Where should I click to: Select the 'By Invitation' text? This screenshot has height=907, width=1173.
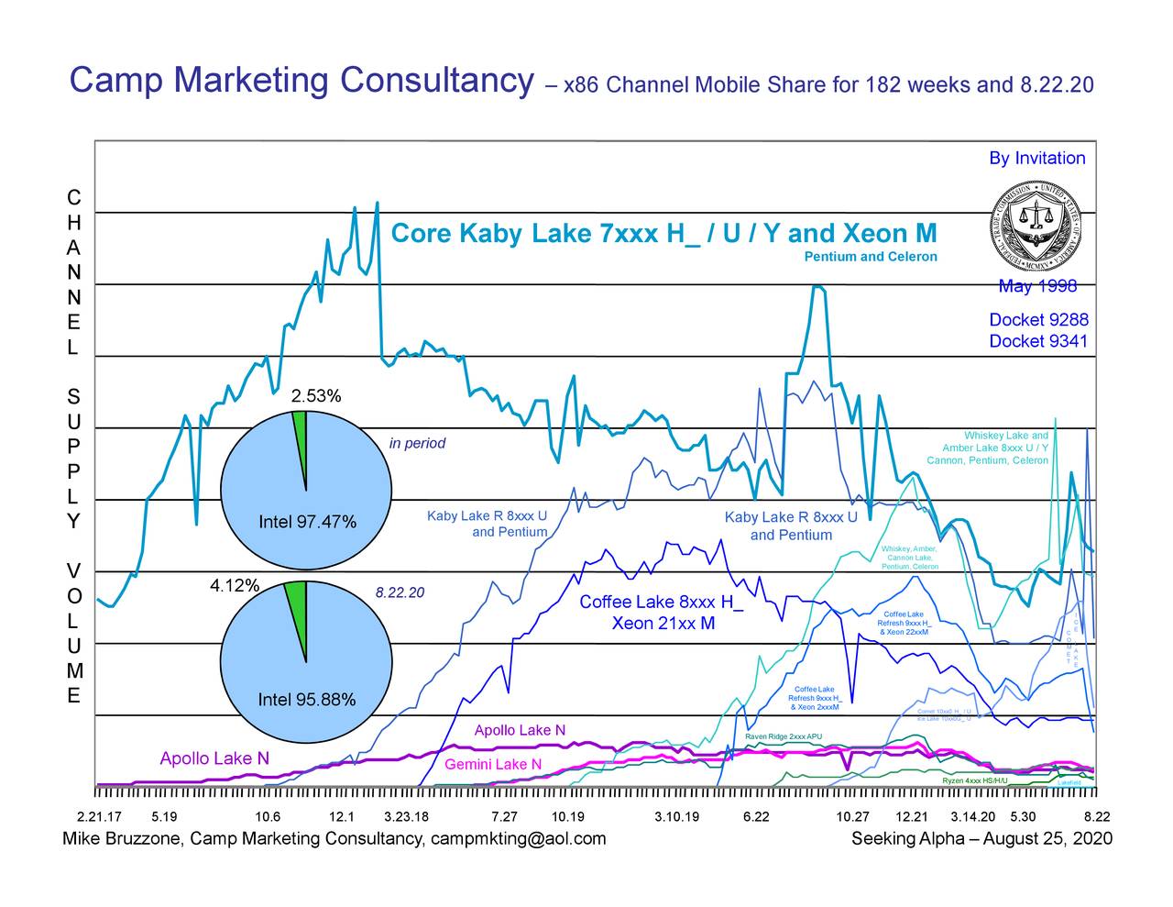pyautogui.click(x=1036, y=158)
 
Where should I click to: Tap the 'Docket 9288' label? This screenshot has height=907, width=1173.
pyautogui.click(x=1038, y=319)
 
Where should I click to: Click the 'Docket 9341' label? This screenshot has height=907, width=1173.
pyautogui.click(x=1038, y=341)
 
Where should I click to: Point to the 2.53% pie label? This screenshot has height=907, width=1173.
pyautogui.click(x=316, y=396)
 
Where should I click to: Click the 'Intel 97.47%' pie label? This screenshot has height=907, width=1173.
pyautogui.click(x=307, y=523)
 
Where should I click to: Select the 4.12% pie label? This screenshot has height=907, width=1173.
pyautogui.click(x=236, y=586)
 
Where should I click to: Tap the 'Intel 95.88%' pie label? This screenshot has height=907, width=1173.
pyautogui.click(x=307, y=701)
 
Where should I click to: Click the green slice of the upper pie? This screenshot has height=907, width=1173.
pyautogui.click(x=300, y=431)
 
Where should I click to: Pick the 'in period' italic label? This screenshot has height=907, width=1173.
pyautogui.click(x=417, y=444)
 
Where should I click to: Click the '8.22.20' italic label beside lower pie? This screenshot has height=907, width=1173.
pyautogui.click(x=400, y=592)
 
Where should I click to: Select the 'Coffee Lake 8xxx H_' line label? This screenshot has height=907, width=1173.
pyautogui.click(x=662, y=603)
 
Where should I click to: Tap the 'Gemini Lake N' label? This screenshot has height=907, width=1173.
pyautogui.click(x=493, y=765)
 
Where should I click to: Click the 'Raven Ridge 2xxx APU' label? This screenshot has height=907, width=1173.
pyautogui.click(x=784, y=737)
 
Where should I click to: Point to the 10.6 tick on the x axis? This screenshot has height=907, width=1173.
pyautogui.click(x=268, y=817)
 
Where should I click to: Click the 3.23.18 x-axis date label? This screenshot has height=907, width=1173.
pyautogui.click(x=406, y=817)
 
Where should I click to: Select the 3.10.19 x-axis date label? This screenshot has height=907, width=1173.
pyautogui.click(x=677, y=817)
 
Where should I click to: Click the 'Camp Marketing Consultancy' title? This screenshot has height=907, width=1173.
pyautogui.click(x=301, y=82)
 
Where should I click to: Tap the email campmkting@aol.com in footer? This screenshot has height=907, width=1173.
pyautogui.click(x=519, y=839)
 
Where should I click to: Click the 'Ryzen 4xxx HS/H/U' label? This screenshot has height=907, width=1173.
pyautogui.click(x=975, y=780)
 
